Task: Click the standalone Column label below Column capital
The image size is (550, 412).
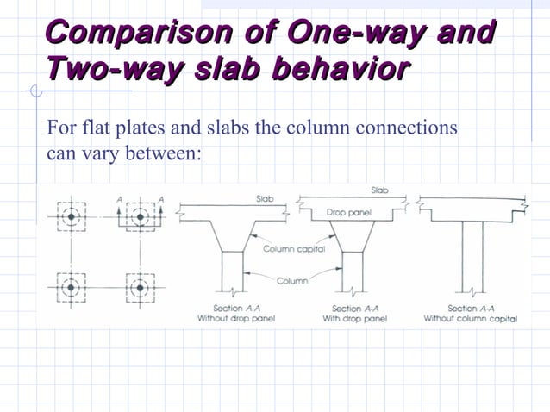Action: tap(291, 280)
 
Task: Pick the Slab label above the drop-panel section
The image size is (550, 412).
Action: tap(379, 189)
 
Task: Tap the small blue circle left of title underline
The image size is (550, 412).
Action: tap(34, 91)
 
